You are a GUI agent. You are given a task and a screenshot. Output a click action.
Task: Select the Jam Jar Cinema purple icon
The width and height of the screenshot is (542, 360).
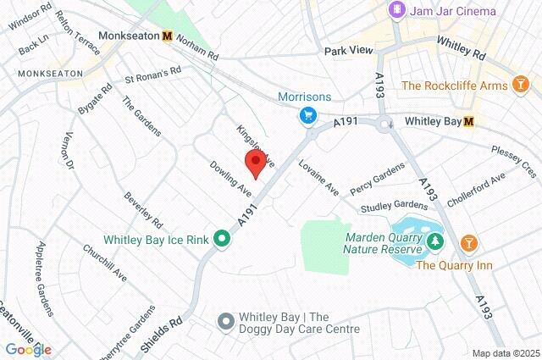(x=396, y=10)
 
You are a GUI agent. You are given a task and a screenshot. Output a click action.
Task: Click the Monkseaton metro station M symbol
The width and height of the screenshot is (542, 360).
(x=167, y=36)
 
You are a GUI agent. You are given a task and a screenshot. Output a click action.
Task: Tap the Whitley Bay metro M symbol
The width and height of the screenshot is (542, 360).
(x=468, y=122)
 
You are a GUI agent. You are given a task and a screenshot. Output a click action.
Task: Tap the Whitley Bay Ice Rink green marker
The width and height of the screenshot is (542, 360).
(x=222, y=240)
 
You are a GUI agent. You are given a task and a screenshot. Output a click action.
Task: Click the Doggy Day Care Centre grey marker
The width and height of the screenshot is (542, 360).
(x=224, y=321)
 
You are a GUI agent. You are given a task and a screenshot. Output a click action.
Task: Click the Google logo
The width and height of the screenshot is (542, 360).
(x=28, y=349)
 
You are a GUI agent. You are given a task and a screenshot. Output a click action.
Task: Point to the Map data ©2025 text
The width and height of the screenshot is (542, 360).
(x=505, y=353)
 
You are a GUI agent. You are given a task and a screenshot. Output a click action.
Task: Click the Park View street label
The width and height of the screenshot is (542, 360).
(x=348, y=51)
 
